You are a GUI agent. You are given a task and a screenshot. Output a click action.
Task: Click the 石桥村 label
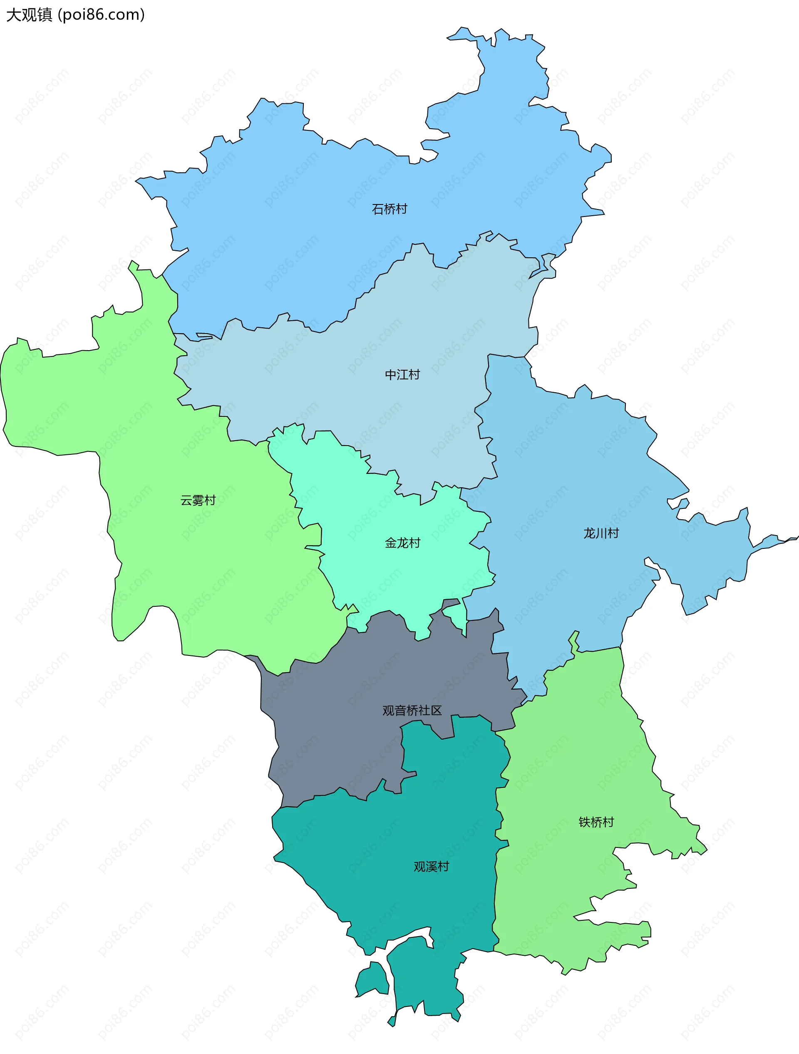(x=389, y=209)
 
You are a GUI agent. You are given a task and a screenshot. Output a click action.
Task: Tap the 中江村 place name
(x=402, y=374)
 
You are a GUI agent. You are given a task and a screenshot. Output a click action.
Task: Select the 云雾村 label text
(x=198, y=500)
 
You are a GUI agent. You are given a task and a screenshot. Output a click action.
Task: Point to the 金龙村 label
(x=402, y=543)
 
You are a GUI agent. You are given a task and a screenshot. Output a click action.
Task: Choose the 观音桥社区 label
(x=412, y=710)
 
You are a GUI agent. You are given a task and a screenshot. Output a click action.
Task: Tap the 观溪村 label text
(x=431, y=866)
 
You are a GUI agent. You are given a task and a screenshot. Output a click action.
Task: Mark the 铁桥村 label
(x=596, y=822)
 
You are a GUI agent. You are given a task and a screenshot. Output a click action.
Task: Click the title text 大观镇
(x=29, y=15)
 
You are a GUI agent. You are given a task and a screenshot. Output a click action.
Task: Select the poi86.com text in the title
(x=101, y=15)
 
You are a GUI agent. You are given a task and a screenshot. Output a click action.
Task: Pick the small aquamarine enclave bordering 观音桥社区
(x=456, y=616)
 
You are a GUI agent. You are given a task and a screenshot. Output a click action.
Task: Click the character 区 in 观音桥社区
(x=436, y=710)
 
